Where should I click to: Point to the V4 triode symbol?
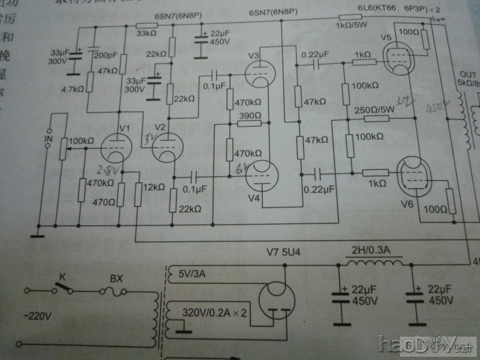[x=261, y=175]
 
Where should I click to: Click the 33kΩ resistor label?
[x=147, y=33]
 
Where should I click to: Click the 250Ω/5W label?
[x=374, y=111]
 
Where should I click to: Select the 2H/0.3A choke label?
[x=372, y=251]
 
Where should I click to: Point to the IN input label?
[x=47, y=141]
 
